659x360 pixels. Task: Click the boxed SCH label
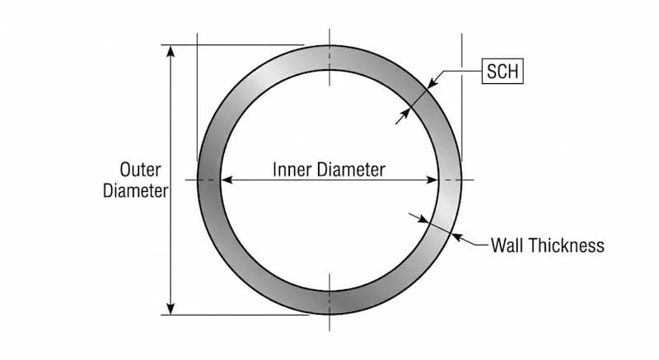pyautogui.click(x=502, y=71)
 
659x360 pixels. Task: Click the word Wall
pyautogui.click(x=507, y=245)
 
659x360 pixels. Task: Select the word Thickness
pyautogui.click(x=567, y=245)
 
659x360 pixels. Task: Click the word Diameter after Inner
pyautogui.click(x=352, y=170)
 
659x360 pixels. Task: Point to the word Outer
pyautogui.click(x=140, y=170)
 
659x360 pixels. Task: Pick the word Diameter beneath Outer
pyautogui.click(x=136, y=191)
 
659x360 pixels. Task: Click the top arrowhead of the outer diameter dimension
pyautogui.click(x=171, y=51)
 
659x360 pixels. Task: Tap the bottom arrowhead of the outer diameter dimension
pyautogui.click(x=171, y=308)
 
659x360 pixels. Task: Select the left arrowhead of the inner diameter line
pyautogui.click(x=227, y=180)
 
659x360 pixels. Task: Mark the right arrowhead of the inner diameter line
pyautogui.click(x=432, y=180)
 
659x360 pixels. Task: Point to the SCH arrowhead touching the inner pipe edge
pyautogui.click(x=404, y=114)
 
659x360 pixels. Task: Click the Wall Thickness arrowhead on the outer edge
pyautogui.click(x=457, y=238)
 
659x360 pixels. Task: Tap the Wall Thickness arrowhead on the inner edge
pyautogui.click(x=423, y=218)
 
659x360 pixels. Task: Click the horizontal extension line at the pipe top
pyautogui.click(x=232, y=45)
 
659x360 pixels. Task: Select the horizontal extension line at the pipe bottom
pyautogui.click(x=236, y=315)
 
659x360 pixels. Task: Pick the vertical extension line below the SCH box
pyautogui.click(x=462, y=97)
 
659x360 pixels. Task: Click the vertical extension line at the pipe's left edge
pyautogui.click(x=197, y=97)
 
